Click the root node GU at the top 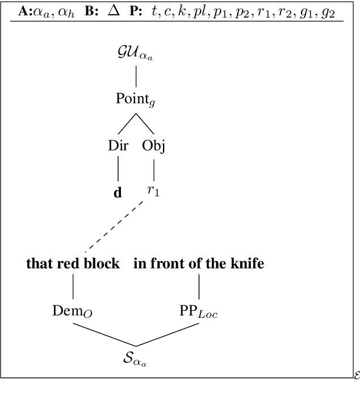pos(135,55)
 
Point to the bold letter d pos(118,192)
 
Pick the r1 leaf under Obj pos(153,191)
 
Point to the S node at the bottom pos(135,358)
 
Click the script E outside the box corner pos(356,376)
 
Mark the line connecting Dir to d pos(118,168)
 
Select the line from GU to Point pos(135,76)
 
